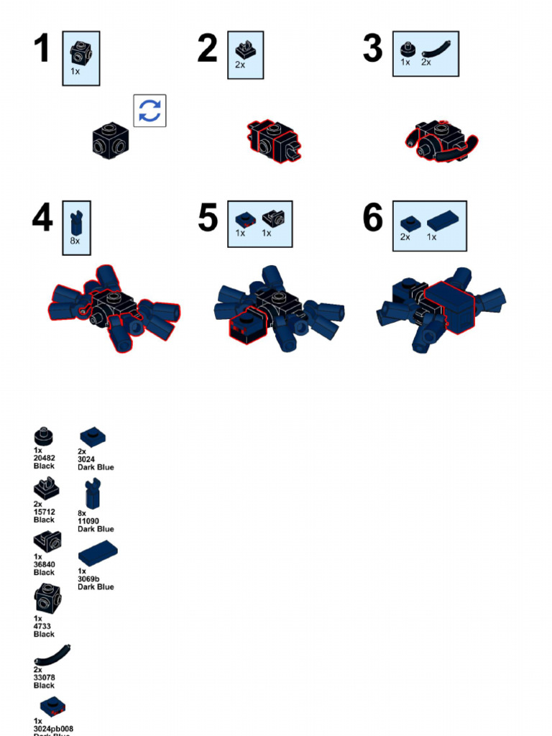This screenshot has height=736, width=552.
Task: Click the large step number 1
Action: [x=42, y=50]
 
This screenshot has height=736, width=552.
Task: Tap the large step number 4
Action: [x=42, y=218]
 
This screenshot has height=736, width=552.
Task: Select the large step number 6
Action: [x=373, y=218]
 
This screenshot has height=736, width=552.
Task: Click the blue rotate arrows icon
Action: [x=149, y=111]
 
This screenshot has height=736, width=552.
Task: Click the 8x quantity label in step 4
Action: [x=75, y=241]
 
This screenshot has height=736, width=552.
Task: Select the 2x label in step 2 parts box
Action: [x=240, y=65]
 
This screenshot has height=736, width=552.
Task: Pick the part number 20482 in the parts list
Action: [x=44, y=459]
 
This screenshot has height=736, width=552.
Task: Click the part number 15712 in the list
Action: [x=44, y=512]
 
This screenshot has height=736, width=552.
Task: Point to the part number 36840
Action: [x=44, y=565]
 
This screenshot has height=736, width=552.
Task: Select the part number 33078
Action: [x=44, y=678]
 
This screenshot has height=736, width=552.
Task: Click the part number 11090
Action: [x=88, y=521]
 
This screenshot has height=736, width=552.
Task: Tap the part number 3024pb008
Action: [x=53, y=728]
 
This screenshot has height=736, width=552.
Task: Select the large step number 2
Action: [x=207, y=50]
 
